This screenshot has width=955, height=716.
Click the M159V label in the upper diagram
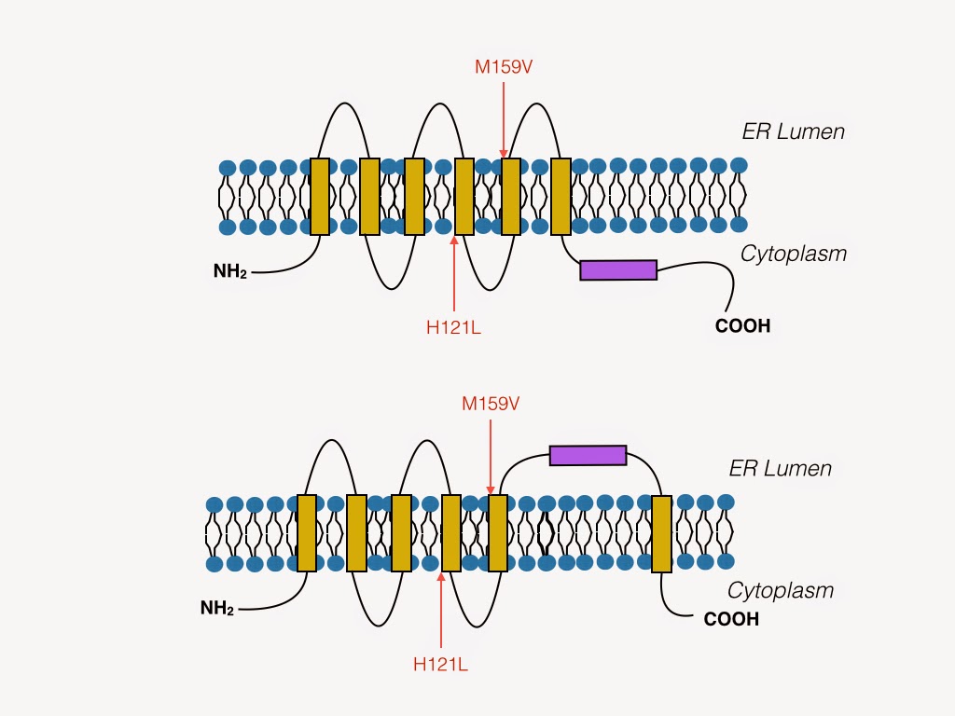coord(504,66)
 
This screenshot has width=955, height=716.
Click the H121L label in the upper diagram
coord(454,327)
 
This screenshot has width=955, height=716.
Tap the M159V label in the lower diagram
coord(491,404)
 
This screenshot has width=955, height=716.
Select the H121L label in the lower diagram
coord(440,664)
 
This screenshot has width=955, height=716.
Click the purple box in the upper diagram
coord(618,270)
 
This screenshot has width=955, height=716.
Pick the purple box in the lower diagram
coord(588,455)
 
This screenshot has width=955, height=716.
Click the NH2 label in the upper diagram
coord(230,271)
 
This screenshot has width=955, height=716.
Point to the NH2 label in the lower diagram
coord(217,608)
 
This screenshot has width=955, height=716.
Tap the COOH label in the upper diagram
coord(743,325)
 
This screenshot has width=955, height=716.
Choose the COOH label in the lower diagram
coord(731,619)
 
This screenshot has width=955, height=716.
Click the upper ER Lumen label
coord(794,131)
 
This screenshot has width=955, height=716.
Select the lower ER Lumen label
coord(781,468)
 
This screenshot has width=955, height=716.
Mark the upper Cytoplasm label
coord(794,254)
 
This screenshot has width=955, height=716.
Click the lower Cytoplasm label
coord(781,590)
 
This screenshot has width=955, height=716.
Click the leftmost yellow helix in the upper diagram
coord(320,197)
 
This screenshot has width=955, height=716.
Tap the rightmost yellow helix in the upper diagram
coord(561,197)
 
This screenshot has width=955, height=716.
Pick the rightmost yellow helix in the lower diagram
coord(661,534)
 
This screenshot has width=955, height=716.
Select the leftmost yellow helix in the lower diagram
coord(307,533)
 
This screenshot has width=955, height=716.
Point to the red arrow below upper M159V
coord(504,120)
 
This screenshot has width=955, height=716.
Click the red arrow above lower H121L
coord(441,610)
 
